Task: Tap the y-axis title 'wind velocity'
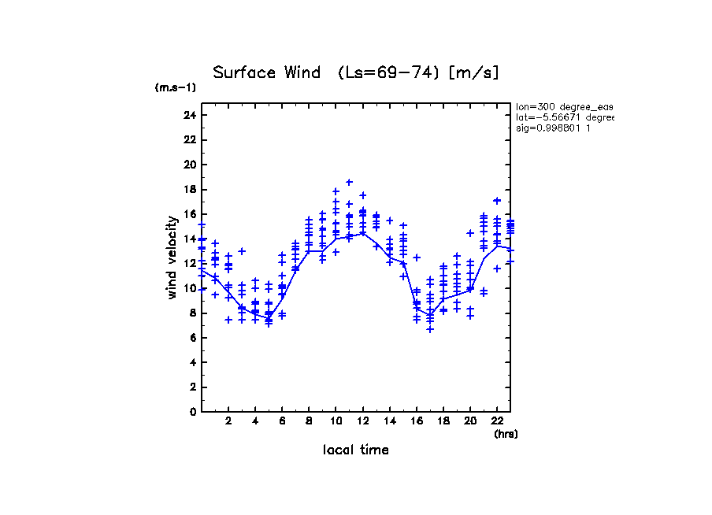172,257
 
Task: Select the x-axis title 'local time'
355,450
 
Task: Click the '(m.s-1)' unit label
176,88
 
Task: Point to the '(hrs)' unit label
506,434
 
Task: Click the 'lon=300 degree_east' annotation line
564,106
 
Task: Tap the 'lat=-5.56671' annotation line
564,117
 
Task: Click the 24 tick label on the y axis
189,116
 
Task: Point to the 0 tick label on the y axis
192,412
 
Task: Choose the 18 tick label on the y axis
189,190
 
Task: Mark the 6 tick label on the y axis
192,338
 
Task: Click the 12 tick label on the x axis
362,422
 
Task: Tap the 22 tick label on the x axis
497,422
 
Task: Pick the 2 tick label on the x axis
228,422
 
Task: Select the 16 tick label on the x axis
416,422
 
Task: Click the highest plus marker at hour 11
349,183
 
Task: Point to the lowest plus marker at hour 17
430,329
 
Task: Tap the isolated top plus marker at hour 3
242,251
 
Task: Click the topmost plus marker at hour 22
497,201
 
